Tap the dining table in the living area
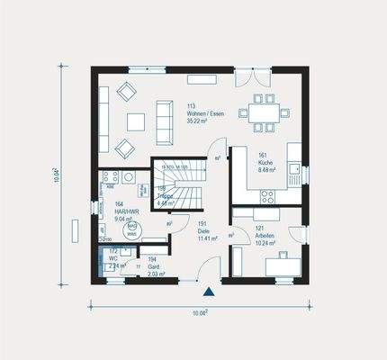coord(265,113)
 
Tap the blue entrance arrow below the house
coord(210,291)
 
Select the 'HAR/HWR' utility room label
coord(126,211)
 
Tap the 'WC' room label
coord(114,257)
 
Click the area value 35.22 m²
coord(197,121)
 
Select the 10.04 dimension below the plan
coord(201,312)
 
